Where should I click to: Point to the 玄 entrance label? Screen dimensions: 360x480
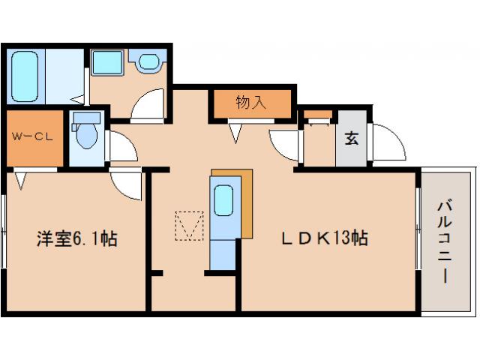[x=350, y=139]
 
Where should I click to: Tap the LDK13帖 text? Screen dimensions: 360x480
[x=324, y=240]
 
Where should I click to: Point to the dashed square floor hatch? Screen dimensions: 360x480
[x=189, y=226]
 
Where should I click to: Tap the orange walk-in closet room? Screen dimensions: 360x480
[x=34, y=140]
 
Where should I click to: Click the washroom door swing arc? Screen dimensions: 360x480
[x=148, y=105]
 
